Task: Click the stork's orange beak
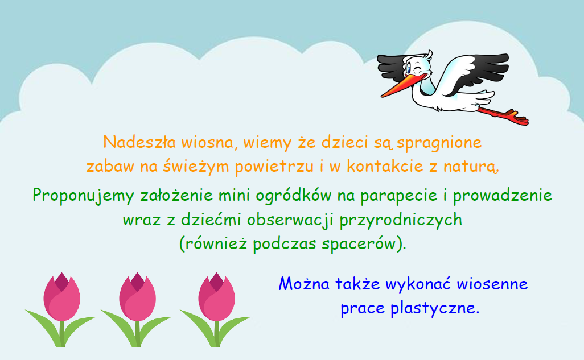tap(400, 86)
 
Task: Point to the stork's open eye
tap(409, 69)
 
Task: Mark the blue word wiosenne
tap(492, 284)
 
